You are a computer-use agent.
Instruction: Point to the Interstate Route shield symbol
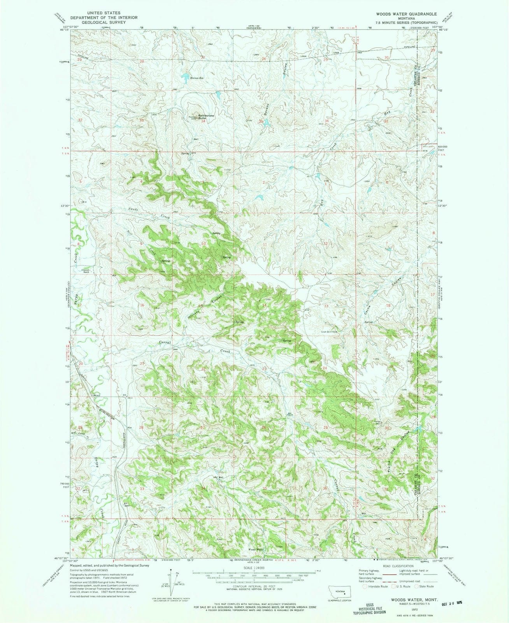[365, 586]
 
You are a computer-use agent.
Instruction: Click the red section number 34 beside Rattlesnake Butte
[203, 121]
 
